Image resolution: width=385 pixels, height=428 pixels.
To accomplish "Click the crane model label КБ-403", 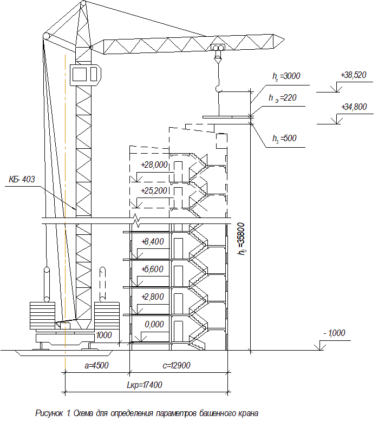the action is coord(22,179).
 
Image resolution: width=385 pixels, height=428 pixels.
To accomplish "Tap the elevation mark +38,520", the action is coord(353,75).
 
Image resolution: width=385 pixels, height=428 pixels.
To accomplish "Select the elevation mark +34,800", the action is coord(354,107).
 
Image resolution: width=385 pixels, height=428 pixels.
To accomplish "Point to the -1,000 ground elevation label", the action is coord(334,333).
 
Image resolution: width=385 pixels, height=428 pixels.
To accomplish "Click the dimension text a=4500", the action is coord(96,365).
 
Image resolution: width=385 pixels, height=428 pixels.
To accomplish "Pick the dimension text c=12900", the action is coord(176,365).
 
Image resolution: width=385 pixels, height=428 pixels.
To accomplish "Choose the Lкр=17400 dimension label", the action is coord(145,385).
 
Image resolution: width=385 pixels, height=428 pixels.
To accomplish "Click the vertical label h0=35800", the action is coord(242,239).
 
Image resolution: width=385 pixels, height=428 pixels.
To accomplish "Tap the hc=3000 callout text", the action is coord(286,76).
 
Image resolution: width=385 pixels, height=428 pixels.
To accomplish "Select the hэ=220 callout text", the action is coord(283,98).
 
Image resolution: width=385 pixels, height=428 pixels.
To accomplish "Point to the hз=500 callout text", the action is coord(284,139).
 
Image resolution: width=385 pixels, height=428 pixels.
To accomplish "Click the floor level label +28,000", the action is coord(154,165).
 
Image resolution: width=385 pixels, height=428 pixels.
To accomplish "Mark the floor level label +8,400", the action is coord(153,241).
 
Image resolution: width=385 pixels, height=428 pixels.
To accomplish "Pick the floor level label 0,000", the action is coord(154,324).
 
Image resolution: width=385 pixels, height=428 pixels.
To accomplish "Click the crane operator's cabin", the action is coord(85,75).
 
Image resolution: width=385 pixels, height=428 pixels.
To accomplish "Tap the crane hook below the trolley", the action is coord(218,88).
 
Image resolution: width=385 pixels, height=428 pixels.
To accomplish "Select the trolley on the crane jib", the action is coord(218,47).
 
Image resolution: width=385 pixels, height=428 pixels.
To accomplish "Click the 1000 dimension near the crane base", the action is coord(104,335).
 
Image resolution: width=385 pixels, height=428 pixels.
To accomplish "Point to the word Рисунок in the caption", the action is coord(49,413).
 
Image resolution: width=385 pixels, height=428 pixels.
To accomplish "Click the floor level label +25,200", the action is coord(154,191).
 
